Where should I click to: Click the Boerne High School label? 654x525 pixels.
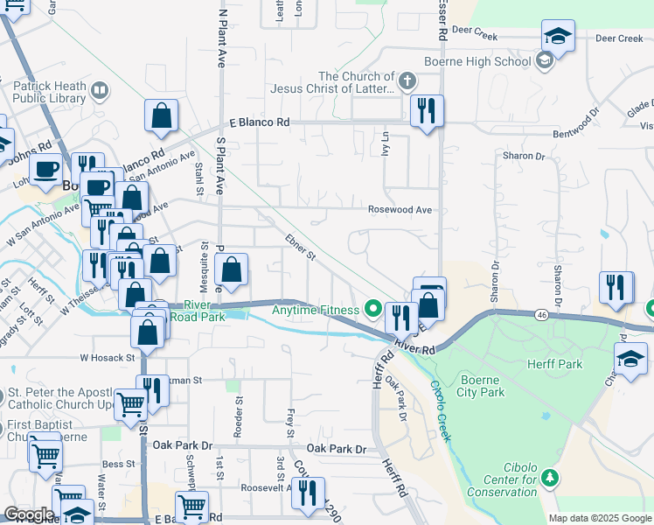pos(488,61)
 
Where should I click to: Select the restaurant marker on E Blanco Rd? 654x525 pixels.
pos(427,111)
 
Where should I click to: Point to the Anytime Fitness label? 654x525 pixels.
pos(316,310)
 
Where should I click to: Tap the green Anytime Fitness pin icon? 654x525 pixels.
pos(373,309)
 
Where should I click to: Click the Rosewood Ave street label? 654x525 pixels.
pos(400,210)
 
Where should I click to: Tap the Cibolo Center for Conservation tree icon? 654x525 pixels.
pos(549,477)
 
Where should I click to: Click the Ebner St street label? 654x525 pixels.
pos(300,247)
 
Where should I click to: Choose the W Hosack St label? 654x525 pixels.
pos(109,358)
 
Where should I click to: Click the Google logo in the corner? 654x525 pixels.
pos(29,514)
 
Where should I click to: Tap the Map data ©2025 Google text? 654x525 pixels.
pos(599,518)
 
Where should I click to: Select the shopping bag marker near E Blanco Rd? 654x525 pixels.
pos(161,115)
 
